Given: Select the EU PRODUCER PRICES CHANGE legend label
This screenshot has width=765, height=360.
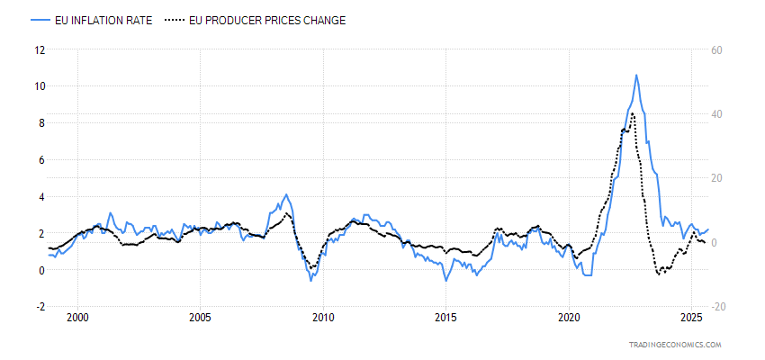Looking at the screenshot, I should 268,20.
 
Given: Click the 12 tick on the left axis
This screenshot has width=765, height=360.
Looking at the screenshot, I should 39,49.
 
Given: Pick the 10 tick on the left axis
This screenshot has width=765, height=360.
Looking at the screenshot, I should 39,86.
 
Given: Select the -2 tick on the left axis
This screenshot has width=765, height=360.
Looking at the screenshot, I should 39,307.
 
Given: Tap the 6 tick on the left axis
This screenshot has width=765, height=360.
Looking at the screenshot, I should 40,160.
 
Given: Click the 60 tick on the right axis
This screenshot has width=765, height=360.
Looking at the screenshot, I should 717,49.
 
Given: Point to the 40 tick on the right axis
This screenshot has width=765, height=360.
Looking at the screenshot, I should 717,114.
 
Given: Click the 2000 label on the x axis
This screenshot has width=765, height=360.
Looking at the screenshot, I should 77,318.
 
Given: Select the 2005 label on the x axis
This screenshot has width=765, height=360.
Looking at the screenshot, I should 200,318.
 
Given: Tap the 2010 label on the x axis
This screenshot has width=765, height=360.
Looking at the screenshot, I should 323,318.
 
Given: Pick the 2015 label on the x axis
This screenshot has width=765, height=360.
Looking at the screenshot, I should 445,318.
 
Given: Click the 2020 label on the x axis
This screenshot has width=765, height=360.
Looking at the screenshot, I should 569,318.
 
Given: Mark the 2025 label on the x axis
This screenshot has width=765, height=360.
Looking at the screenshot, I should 691,318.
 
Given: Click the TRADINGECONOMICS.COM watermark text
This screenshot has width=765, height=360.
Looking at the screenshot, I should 677,345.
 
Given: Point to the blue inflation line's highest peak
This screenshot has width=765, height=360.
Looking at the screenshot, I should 636,76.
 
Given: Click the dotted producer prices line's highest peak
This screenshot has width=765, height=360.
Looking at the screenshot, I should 634,112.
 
